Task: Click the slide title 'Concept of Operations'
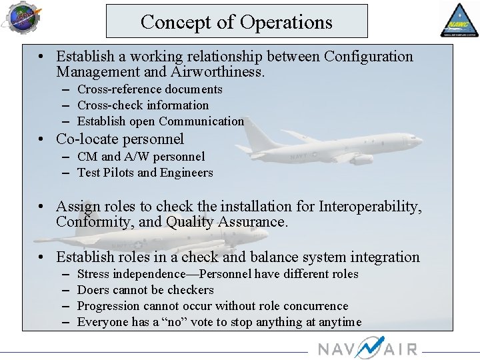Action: (x=236, y=22)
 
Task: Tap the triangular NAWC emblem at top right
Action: (x=459, y=20)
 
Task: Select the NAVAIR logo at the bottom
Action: (x=367, y=348)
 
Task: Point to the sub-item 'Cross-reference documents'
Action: (x=149, y=89)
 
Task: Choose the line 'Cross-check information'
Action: (x=143, y=105)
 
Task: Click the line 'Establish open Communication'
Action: (x=160, y=121)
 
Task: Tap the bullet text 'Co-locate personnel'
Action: (x=120, y=139)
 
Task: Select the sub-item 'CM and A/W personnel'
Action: (x=141, y=157)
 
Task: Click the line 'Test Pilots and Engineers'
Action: (x=145, y=173)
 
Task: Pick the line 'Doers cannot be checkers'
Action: (x=145, y=290)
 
